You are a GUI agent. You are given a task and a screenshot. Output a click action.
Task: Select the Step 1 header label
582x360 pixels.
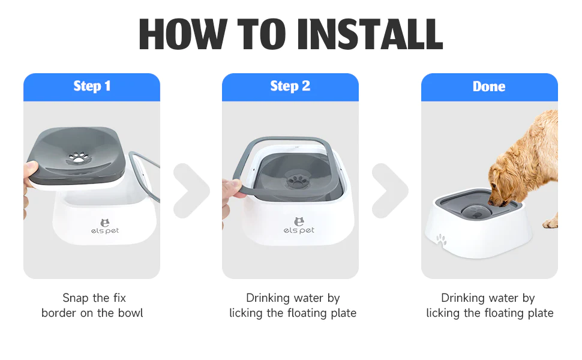[92, 86]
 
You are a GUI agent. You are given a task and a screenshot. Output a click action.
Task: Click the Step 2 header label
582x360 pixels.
[290, 86]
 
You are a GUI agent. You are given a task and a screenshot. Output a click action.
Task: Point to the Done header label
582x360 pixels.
[489, 86]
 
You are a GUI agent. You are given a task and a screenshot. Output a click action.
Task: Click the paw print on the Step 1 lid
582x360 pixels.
[79, 157]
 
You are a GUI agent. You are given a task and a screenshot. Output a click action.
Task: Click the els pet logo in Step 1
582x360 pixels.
[105, 227]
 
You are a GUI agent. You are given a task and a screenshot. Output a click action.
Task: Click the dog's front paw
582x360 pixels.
[550, 223]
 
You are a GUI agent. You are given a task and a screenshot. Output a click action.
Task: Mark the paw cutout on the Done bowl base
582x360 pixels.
[441, 240]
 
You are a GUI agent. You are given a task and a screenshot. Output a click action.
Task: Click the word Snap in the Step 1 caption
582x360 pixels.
[76, 298]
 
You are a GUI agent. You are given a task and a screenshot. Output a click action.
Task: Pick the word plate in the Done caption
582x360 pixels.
[540, 313]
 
